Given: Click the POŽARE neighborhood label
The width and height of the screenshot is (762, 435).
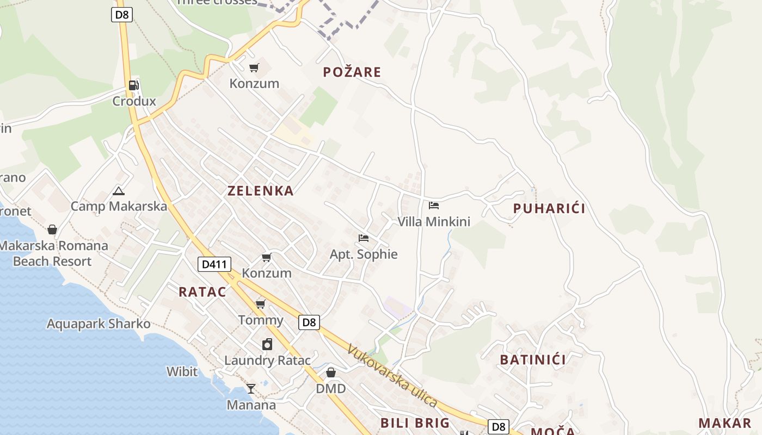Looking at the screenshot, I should tap(352, 72).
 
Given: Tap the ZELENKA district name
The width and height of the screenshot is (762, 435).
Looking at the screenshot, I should tap(260, 190).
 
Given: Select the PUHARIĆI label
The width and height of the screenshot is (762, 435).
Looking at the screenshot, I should tap(549, 208).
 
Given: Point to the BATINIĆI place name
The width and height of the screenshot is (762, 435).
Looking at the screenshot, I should tap(532, 359).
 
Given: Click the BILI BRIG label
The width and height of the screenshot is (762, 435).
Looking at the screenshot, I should tap(415, 422).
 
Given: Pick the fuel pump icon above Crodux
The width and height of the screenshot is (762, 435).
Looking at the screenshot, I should tap(133, 85).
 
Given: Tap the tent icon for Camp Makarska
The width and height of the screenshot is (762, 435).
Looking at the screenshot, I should tap(119, 191).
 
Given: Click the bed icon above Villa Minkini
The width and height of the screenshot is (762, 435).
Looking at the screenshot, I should tap(434, 206).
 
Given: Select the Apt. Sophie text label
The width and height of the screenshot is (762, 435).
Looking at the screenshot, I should tap(364, 254).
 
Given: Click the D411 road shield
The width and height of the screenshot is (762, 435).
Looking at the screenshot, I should tap(214, 265).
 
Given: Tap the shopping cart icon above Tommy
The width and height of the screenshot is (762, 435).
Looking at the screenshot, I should tap(261, 303).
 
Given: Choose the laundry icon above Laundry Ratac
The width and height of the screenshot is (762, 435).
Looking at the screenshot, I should tap(267, 344).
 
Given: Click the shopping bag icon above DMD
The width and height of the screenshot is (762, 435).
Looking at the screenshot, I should tap(330, 372).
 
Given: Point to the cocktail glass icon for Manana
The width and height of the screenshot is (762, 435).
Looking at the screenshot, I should tap(251, 388).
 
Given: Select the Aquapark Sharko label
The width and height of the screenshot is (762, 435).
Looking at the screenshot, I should tap(99, 324).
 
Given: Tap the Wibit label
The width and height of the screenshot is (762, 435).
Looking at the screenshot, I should tap(182, 371).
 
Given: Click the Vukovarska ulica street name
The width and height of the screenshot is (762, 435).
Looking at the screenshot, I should tap(392, 376).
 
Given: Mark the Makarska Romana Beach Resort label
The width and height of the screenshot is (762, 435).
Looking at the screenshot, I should tap(53, 253).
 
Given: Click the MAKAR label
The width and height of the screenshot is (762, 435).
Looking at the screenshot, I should tap(724, 423).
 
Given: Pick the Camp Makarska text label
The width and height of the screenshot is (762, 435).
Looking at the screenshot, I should tap(119, 206).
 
